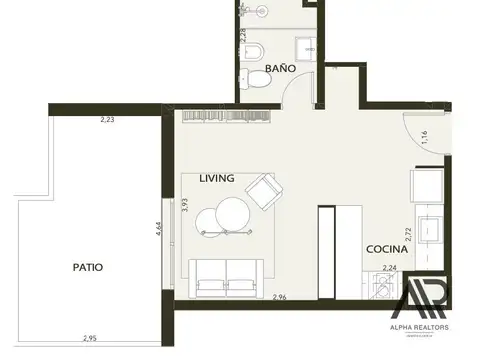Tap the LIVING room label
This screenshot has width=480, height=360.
point(217,178)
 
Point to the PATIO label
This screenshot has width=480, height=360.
point(88,267)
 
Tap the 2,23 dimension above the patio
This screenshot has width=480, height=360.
point(107,120)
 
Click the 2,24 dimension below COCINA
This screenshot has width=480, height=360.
point(390,267)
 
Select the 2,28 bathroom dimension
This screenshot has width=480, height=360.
point(241,37)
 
